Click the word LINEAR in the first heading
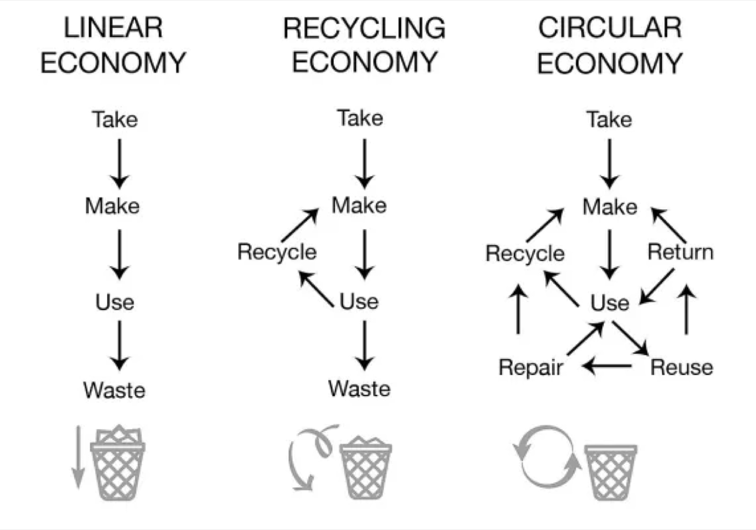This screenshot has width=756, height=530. pos(113,28)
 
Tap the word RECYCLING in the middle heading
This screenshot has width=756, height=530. pos(364,28)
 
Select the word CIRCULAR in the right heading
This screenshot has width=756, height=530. pos(610,28)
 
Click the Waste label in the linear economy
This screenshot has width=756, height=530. pos(114,390)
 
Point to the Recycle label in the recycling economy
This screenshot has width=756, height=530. pos(277,252)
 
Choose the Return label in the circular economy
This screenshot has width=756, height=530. pos(680,252)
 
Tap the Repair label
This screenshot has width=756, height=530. pos(531,368)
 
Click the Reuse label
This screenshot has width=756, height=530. pos(682,367)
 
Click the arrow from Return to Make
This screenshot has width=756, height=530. pos(669,226)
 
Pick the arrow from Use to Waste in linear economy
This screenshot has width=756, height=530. pos(119,345)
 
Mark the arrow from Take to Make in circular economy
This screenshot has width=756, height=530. pos(610,164)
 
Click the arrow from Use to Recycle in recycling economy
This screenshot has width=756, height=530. pos(316,289)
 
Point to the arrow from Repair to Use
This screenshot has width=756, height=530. pos(585,339)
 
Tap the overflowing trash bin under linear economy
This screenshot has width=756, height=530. pos(118,462)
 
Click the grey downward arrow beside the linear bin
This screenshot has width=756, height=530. pos(78,457)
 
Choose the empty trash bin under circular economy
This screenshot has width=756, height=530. pos(610,472)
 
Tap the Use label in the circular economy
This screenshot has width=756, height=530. pos(610,303)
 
